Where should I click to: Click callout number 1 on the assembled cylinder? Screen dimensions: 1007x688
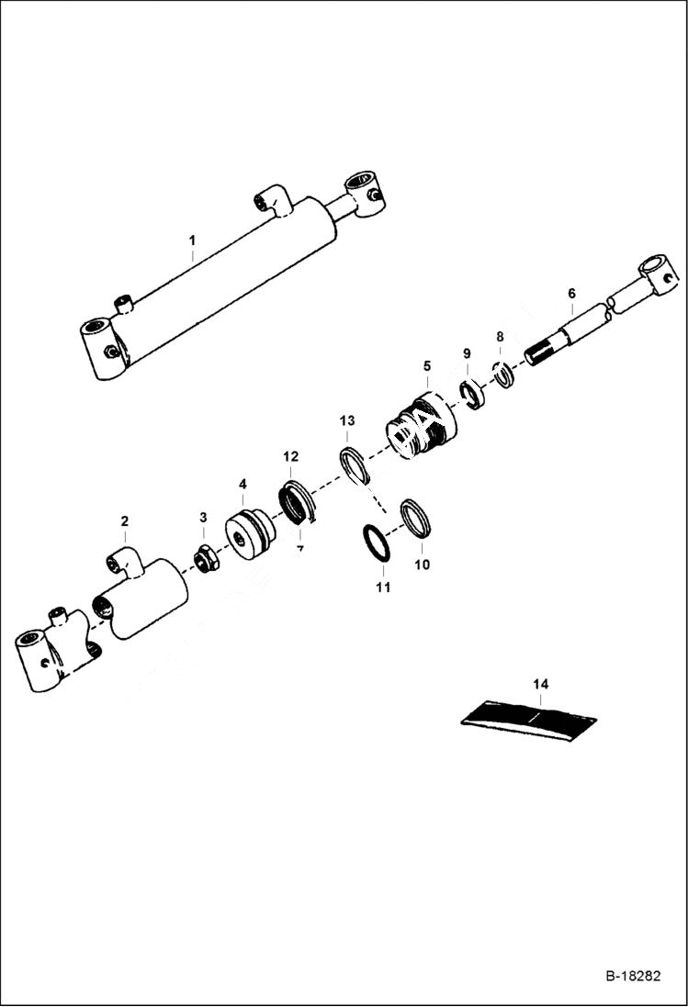[x=192, y=241]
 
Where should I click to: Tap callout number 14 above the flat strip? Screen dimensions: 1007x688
[x=540, y=684]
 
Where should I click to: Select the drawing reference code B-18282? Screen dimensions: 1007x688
[x=633, y=976]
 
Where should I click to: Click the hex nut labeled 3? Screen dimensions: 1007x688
[x=205, y=558]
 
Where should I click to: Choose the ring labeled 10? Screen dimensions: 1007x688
[x=416, y=520]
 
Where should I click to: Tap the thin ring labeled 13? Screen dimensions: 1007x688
[x=355, y=464]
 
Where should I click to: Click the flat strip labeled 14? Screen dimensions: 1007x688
[x=529, y=715]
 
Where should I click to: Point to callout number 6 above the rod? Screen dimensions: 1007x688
[x=571, y=293]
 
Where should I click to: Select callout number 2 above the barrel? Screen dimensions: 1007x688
[x=125, y=521]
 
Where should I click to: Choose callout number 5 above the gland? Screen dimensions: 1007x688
[x=426, y=365]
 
